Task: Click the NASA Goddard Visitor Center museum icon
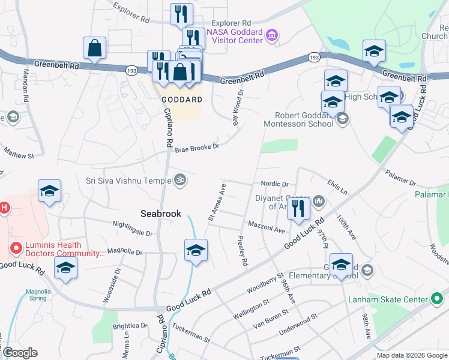272,35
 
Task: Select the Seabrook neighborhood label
160,213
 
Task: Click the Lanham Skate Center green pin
438,299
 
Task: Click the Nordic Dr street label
275,184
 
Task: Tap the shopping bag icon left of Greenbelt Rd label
95,49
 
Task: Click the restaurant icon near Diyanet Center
298,209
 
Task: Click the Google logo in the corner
19,353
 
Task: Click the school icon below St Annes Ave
196,251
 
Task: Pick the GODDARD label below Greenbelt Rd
181,99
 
